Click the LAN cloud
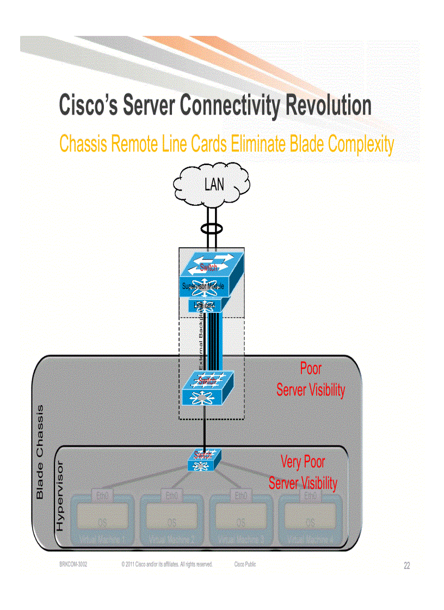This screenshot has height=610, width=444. coord(212,185)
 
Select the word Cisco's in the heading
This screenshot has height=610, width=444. coord(88,105)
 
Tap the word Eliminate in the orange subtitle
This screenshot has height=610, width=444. coord(258,144)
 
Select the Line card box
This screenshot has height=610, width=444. coord(204,306)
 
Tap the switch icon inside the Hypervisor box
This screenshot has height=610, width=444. coord(203,461)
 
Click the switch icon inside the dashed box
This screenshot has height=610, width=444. coord(206,388)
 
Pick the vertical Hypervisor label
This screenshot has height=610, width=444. coord(60,496)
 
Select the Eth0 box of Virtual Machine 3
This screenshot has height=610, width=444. coord(241,495)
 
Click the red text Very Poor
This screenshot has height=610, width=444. coord(303,462)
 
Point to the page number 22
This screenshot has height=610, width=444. coord(406,566)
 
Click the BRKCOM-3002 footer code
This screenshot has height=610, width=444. coord(73,564)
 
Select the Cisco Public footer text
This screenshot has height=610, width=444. coord(245,564)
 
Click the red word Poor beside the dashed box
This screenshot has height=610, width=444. coord(311,369)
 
